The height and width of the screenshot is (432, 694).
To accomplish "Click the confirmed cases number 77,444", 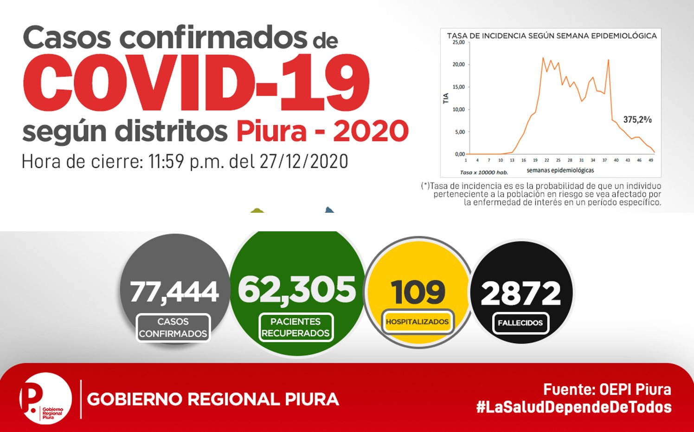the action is (174, 292).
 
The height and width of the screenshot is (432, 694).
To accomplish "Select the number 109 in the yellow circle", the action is (418, 292).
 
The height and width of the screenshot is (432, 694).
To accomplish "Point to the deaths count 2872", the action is (521, 294).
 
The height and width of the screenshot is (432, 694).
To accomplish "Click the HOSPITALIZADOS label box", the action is (418, 322).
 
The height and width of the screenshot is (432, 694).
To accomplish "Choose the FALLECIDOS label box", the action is (520, 323).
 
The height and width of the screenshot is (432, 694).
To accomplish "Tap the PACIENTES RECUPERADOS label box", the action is (296, 327).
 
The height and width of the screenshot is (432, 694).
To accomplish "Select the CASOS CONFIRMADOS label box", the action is (173, 328).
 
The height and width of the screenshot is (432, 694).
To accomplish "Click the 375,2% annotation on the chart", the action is (637, 119).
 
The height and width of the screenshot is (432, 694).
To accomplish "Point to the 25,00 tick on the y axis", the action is (458, 42).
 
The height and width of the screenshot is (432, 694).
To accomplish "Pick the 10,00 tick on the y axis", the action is (458, 110).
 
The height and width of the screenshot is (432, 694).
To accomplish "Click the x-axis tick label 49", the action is (651, 160).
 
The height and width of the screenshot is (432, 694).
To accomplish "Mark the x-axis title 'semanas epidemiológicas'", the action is (560, 170).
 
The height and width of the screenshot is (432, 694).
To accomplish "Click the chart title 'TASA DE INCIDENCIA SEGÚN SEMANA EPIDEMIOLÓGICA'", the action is (552, 36).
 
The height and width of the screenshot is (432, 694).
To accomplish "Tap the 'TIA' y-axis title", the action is (446, 98).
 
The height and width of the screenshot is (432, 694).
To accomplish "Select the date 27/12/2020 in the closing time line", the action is (303, 162).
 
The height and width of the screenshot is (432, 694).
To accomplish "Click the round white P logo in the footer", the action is (45, 398).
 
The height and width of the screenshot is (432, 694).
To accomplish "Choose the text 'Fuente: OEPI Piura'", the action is (607, 390).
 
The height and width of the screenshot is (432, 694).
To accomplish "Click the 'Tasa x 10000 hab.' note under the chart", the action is (484, 172).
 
